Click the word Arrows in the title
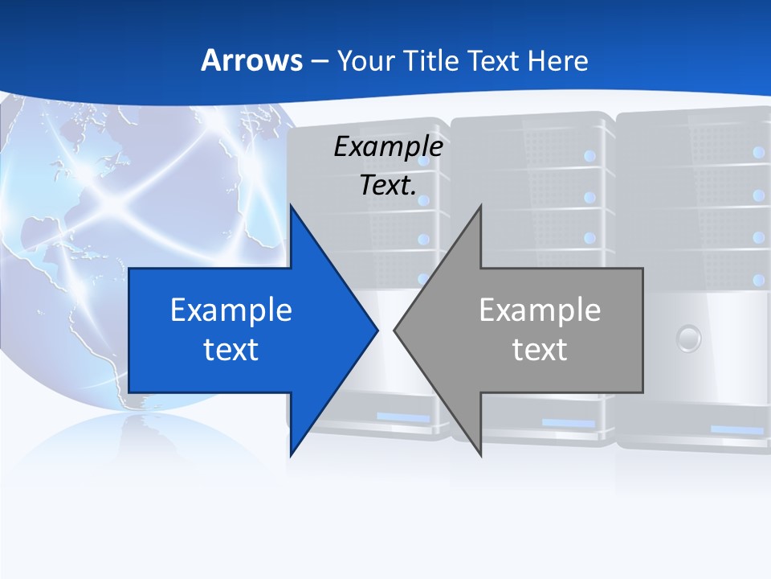(x=251, y=60)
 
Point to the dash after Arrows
(x=318, y=61)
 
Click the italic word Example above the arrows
(x=388, y=146)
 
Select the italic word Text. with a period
(x=388, y=185)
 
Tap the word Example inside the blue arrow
(x=231, y=310)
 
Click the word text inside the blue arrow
(x=231, y=349)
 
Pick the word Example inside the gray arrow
(x=540, y=310)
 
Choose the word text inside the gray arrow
(x=540, y=349)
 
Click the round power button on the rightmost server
(x=688, y=338)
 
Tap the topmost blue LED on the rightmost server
(x=757, y=151)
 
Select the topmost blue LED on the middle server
(x=590, y=155)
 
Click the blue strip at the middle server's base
(x=568, y=423)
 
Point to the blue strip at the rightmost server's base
(x=737, y=430)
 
